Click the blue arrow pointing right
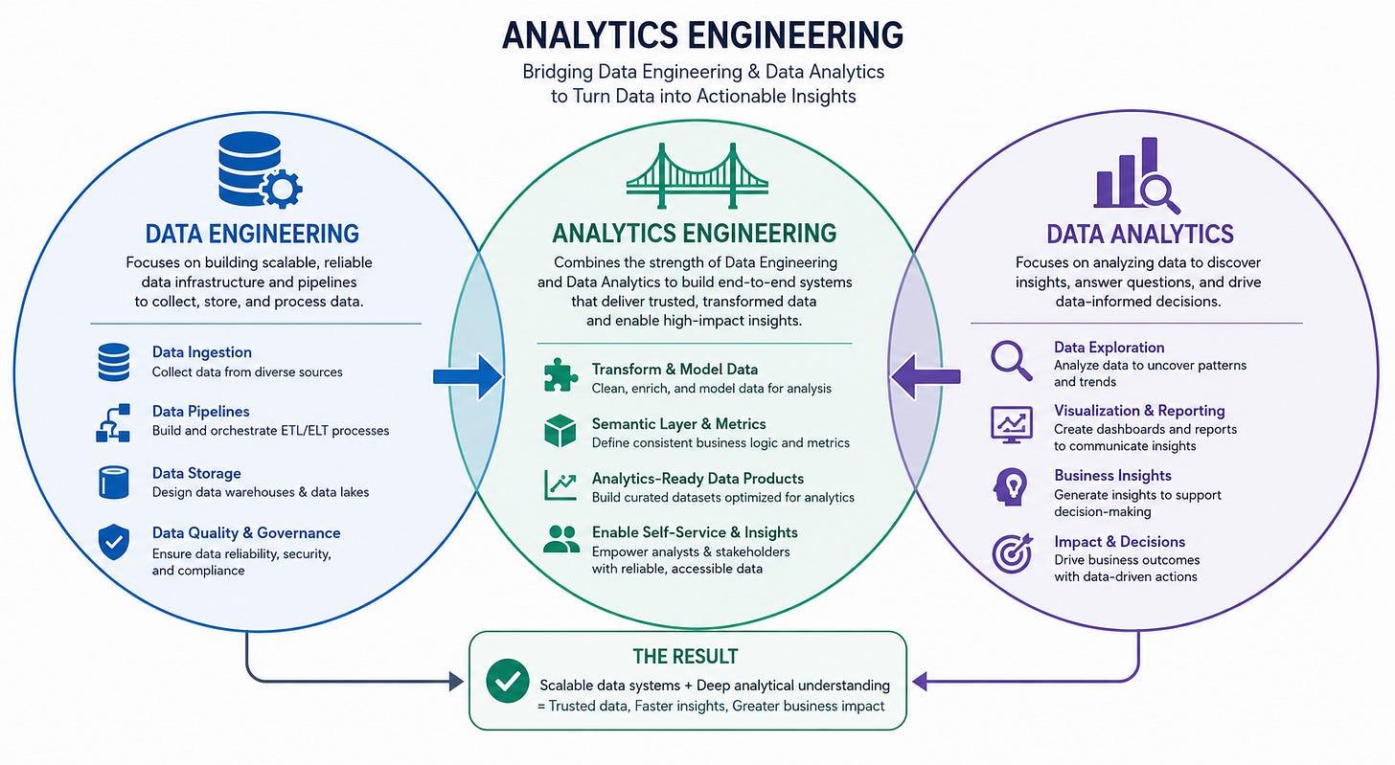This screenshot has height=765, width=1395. point(468,376)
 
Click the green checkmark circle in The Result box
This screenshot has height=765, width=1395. point(508,681)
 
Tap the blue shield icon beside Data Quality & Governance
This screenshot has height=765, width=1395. point(114,542)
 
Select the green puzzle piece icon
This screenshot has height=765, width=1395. point(560,374)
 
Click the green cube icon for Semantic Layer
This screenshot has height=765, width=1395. point(560,431)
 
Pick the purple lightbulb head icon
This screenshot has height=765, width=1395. point(1010,486)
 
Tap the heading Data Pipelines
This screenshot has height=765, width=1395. point(200,412)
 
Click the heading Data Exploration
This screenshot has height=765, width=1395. point(1109,348)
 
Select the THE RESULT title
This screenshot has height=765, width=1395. point(685,657)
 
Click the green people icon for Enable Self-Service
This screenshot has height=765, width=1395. point(561,539)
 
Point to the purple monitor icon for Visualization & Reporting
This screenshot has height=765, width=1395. point(1012,424)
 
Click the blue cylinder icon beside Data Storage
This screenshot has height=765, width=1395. point(114,483)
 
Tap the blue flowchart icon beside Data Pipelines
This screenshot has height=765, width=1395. point(113,422)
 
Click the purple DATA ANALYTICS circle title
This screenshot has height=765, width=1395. point(1140,234)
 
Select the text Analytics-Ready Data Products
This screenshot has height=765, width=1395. point(697,479)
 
